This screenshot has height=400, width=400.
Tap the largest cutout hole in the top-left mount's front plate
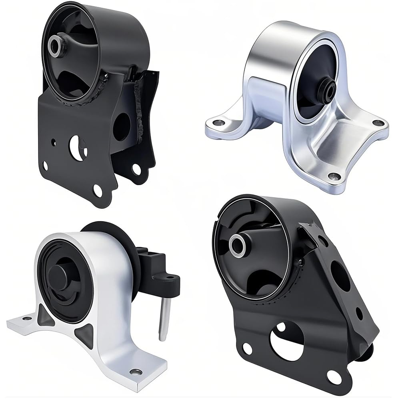coord(77,148)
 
